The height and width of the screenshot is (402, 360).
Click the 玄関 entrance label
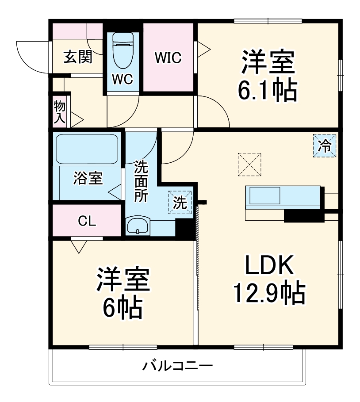click(77, 57)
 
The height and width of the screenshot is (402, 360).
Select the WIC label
click(168, 58)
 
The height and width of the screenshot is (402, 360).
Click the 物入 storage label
click(60, 111)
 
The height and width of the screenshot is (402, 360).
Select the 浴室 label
click(88, 179)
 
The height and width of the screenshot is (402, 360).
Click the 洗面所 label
click(141, 182)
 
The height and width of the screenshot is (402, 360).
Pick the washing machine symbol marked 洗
click(180, 203)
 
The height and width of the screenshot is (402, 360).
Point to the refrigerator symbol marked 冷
click(325, 145)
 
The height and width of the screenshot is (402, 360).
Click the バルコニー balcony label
click(177, 367)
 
